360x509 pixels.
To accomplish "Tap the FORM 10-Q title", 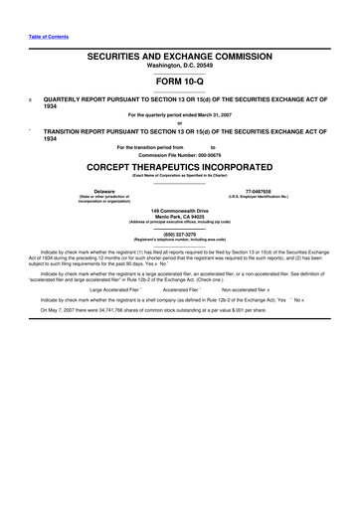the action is point(179,84).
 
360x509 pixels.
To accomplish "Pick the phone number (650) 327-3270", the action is point(179,235).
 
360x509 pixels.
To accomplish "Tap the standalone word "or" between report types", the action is point(179,124).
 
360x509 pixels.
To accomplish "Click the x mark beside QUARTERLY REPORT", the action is point(29,100).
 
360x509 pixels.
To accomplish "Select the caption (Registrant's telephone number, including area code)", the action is point(179,241).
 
